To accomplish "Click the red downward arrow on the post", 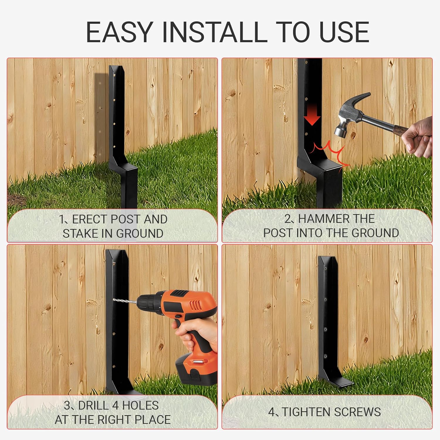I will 312,117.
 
